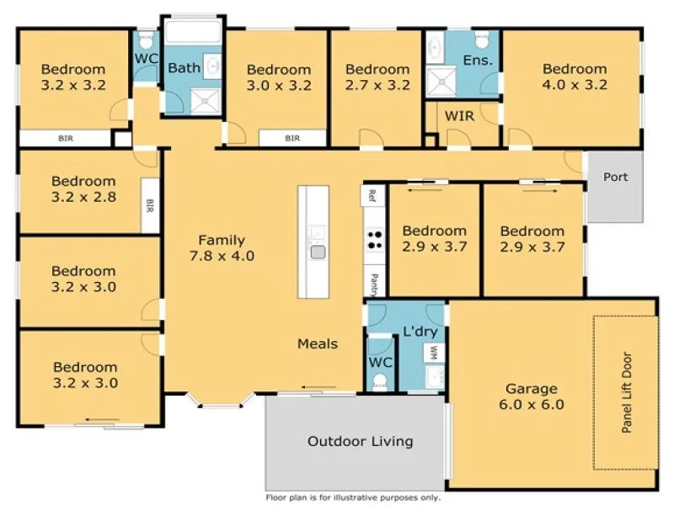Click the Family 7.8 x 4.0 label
click(x=222, y=247)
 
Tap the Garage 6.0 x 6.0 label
click(x=531, y=396)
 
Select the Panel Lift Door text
click(x=626, y=393)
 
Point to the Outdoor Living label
click(x=360, y=441)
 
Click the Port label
click(x=615, y=178)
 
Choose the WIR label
click(x=459, y=116)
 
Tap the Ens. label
click(x=477, y=61)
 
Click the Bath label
click(x=183, y=67)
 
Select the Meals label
click(x=317, y=343)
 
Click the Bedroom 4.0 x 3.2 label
click(x=574, y=77)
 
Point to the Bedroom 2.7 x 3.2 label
click(x=377, y=77)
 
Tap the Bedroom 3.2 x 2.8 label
click(x=83, y=189)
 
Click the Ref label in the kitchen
click(x=370, y=196)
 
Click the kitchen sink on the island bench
click(x=318, y=251)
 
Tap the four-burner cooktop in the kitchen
click(x=373, y=240)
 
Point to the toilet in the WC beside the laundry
click(x=380, y=380)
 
